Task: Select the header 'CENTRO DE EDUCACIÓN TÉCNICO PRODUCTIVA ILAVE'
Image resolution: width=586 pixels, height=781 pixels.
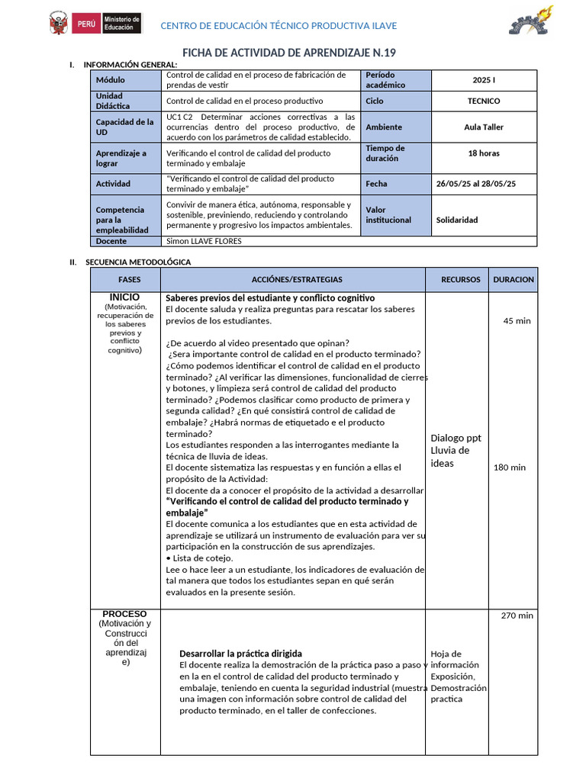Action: (x=278, y=26)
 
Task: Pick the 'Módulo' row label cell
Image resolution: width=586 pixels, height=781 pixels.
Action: (x=110, y=79)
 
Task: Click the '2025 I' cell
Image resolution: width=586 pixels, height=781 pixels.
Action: (x=484, y=79)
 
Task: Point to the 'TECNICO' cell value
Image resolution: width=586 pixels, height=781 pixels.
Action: (x=484, y=101)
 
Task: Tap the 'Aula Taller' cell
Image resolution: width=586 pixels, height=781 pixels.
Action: (x=484, y=127)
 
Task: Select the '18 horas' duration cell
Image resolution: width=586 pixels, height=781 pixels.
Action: (x=484, y=153)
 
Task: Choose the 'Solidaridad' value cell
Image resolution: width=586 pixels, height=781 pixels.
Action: (x=457, y=220)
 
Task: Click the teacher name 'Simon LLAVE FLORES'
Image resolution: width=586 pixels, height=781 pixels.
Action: (x=204, y=241)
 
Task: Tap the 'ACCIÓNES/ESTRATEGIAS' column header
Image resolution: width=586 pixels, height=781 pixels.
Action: (x=297, y=280)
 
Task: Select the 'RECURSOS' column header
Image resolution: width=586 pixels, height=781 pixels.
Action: (x=461, y=280)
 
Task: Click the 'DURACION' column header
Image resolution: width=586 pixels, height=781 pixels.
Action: (x=514, y=280)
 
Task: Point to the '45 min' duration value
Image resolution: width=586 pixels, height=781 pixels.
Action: (x=517, y=320)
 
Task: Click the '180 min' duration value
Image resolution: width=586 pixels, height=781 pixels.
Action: (x=510, y=468)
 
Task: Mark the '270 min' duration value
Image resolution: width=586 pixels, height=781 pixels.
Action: (x=517, y=615)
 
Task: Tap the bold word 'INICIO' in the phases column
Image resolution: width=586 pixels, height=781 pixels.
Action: (x=124, y=297)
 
